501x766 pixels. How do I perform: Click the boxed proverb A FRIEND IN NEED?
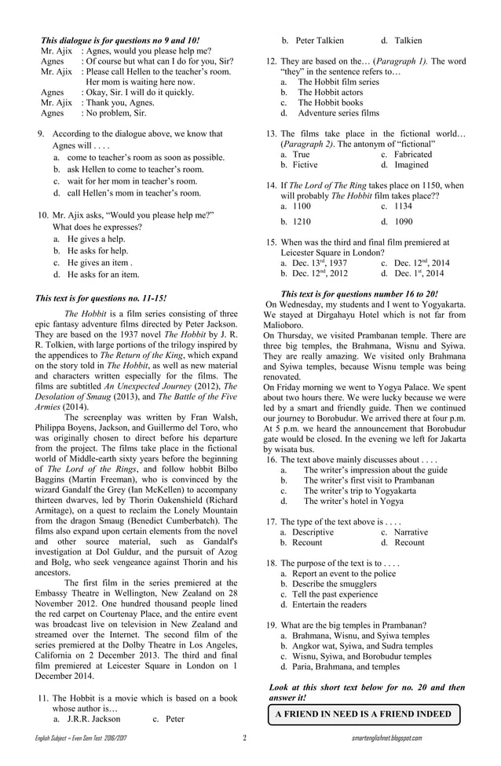coord(363,714)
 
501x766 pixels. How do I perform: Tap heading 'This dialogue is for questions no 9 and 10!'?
coord(119,39)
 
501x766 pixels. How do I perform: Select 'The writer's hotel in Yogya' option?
coord(353,501)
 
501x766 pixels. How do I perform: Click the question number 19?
coord(271,626)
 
